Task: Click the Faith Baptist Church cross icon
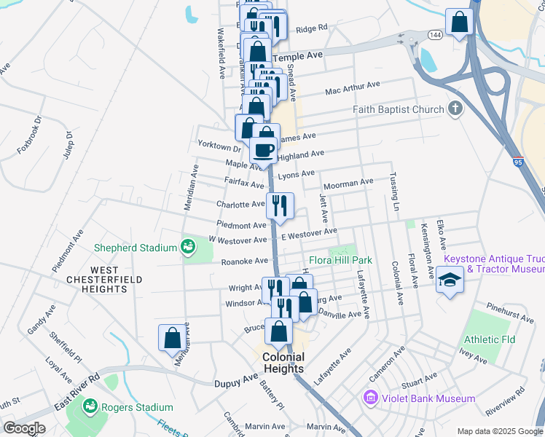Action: pyautogui.click(x=455, y=109)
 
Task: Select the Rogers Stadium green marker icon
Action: pyautogui.click(x=90, y=406)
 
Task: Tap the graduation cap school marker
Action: pyautogui.click(x=450, y=281)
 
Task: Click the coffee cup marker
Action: pyautogui.click(x=263, y=150)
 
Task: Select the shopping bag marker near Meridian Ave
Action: pyautogui.click(x=173, y=338)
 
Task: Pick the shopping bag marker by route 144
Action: pyautogui.click(x=460, y=23)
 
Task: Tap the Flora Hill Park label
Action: pyautogui.click(x=340, y=260)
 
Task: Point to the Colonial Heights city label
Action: pyautogui.click(x=283, y=363)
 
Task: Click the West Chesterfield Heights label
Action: pyautogui.click(x=104, y=279)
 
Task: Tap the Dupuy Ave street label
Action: pyautogui.click(x=236, y=382)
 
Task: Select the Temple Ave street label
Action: pyautogui.click(x=297, y=55)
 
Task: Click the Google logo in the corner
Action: pyautogui.click(x=24, y=428)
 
